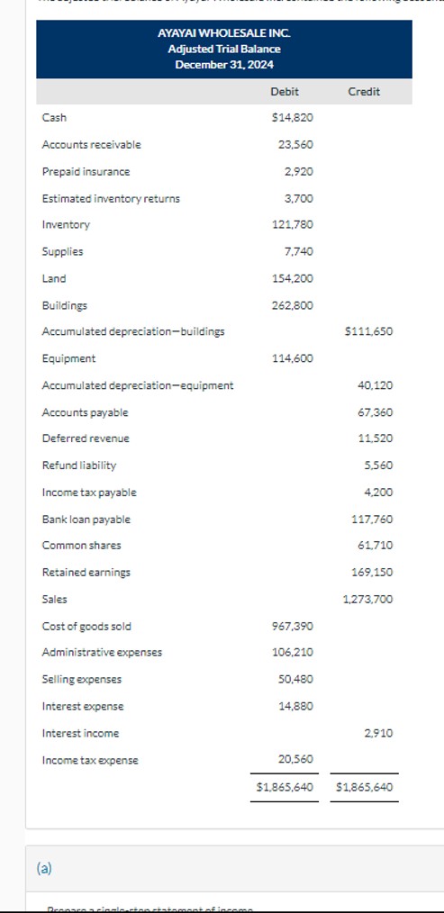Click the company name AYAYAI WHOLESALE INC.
pyautogui.click(x=223, y=32)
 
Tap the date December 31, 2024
pyautogui.click(x=223, y=65)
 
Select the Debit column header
pyautogui.click(x=284, y=92)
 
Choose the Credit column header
pyautogui.click(x=363, y=92)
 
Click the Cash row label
pyautogui.click(x=54, y=118)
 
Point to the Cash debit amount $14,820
pyautogui.click(x=292, y=118)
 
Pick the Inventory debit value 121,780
pyautogui.click(x=292, y=225)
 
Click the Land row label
pyautogui.click(x=54, y=278)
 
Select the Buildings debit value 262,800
pyautogui.click(x=292, y=305)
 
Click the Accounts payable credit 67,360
pyautogui.click(x=375, y=412)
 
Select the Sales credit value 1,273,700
pyautogui.click(x=367, y=600)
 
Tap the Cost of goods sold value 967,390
pyautogui.click(x=292, y=626)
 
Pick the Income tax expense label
pyautogui.click(x=90, y=761)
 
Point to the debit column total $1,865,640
pyautogui.click(x=285, y=787)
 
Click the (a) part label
pyautogui.click(x=44, y=868)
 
